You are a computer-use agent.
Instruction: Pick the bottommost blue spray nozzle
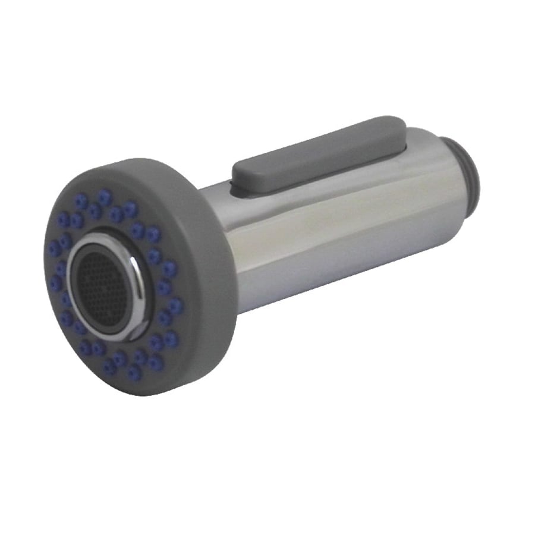[x=134, y=373]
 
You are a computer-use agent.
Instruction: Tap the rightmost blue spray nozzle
[x=175, y=306]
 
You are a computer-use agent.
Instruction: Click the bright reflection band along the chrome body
[x=333, y=214]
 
